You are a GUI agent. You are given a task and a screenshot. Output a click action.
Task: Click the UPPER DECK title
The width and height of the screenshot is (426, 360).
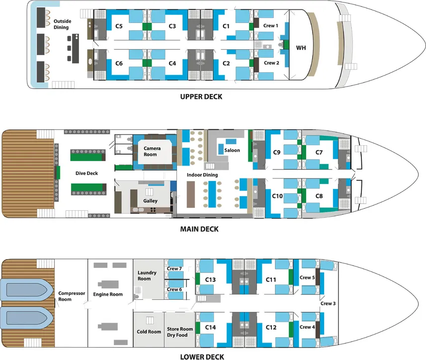pyautogui.click(x=201, y=97)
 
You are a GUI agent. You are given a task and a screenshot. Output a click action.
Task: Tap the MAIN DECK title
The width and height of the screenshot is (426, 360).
pyautogui.click(x=199, y=229)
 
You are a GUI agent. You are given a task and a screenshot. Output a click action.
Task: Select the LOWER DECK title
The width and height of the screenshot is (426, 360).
pyautogui.click(x=202, y=357)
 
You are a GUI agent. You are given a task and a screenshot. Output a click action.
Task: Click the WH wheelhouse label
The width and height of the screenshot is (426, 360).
pyautogui.click(x=301, y=48)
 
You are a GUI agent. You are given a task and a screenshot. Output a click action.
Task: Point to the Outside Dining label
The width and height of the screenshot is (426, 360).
pyautogui.click(x=62, y=24)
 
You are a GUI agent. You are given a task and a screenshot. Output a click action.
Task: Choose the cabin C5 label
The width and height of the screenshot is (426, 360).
pyautogui.click(x=119, y=26)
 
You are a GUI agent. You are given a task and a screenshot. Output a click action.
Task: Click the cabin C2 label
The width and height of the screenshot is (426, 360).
pyautogui.click(x=226, y=63)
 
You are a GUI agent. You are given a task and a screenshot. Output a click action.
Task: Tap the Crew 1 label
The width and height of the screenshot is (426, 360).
pyautogui.click(x=270, y=25)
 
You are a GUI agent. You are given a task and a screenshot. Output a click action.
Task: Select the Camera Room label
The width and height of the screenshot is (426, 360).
pyautogui.click(x=152, y=151)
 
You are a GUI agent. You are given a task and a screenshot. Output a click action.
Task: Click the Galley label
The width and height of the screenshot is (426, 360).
pyautogui.click(x=150, y=201)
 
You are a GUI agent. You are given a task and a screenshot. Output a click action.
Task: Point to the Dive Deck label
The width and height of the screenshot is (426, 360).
pyautogui.click(x=86, y=174)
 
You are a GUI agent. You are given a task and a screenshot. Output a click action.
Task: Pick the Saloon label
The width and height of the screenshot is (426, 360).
pyautogui.click(x=232, y=150)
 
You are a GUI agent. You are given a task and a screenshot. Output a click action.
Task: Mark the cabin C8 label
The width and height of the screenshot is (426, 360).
pyautogui.click(x=319, y=196)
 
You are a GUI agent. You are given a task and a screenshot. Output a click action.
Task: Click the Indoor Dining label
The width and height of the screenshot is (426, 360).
pyautogui.click(x=202, y=175)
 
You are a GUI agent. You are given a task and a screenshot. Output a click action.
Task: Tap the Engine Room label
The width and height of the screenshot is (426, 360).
pyautogui.click(x=108, y=294)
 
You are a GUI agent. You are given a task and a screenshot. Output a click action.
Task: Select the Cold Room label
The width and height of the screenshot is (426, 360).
pyautogui.click(x=149, y=332)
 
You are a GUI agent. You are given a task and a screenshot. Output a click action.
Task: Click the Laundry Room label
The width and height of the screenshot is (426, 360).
pyautogui.click(x=147, y=275)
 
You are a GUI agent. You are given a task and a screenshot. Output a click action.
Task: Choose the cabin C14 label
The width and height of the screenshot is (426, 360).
pyautogui.click(x=210, y=327)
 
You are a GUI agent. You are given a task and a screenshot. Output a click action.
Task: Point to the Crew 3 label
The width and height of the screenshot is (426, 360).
pyautogui.click(x=328, y=303)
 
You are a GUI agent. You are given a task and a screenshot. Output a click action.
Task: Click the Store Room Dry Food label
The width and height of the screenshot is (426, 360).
pyautogui.click(x=180, y=332)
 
